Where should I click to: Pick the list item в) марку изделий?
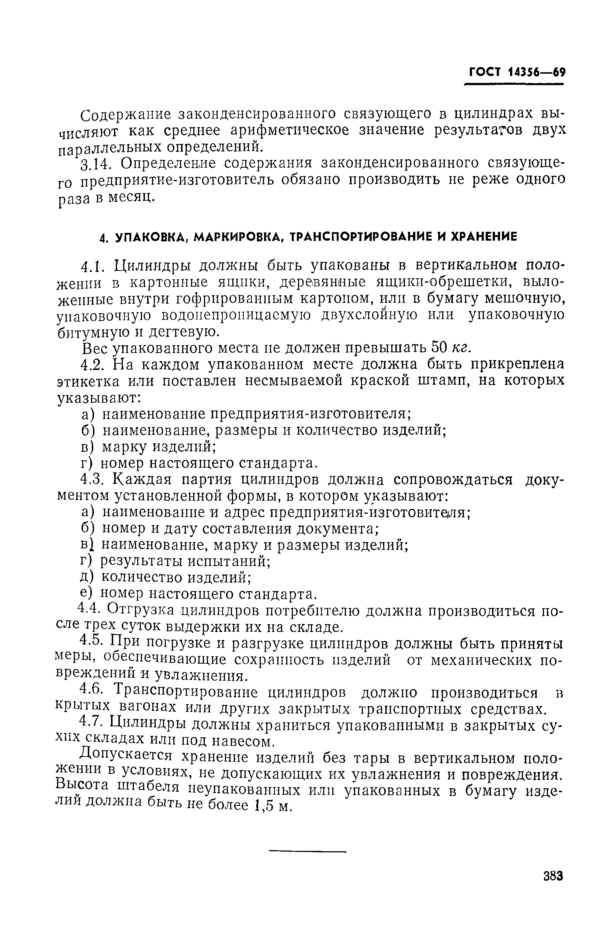149,447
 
